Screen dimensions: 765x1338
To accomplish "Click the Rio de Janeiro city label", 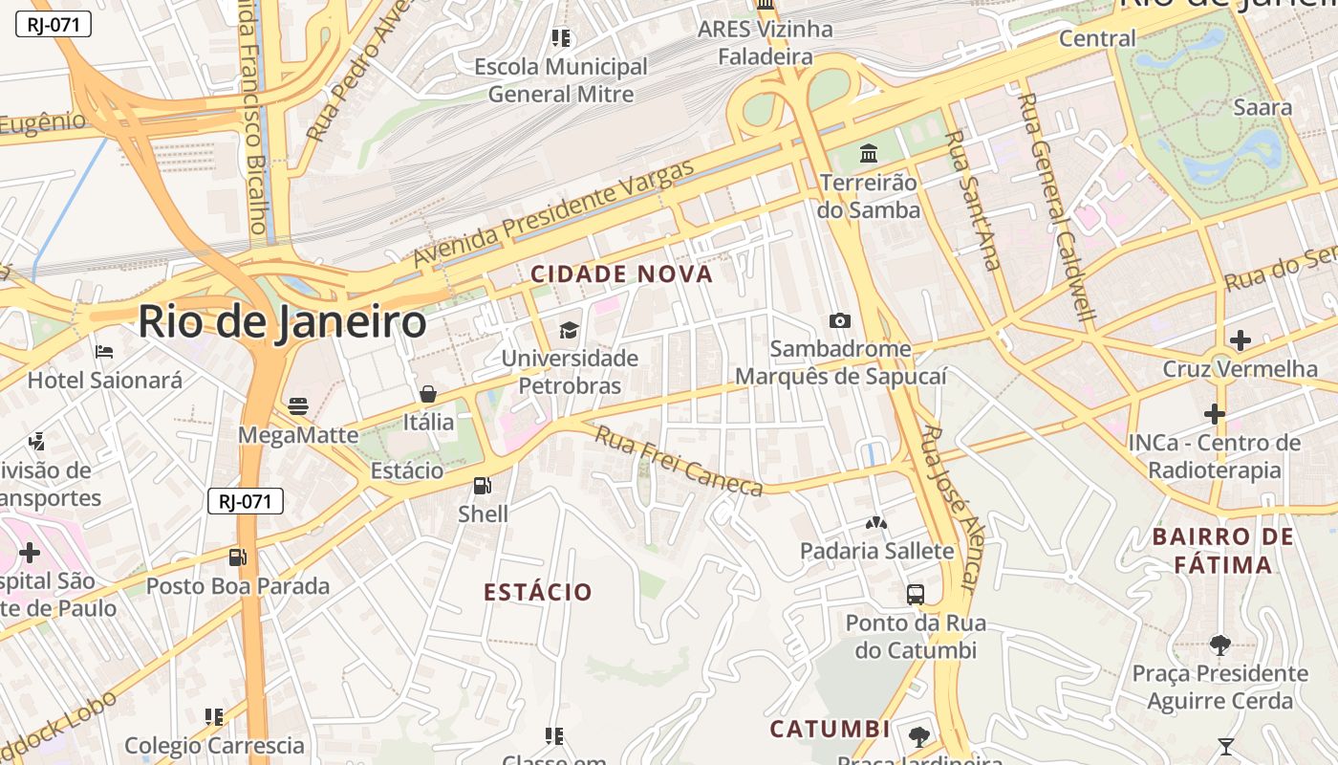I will [282, 322].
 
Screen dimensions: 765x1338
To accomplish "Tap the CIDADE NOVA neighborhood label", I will [622, 274].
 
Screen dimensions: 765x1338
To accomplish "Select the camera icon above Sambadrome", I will [840, 321].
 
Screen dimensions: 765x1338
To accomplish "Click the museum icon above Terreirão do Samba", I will [869, 153].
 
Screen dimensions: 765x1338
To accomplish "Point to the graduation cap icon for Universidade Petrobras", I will [570, 331].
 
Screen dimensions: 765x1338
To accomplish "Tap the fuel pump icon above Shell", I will [483, 486].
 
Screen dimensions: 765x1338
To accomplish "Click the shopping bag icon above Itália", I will [428, 394].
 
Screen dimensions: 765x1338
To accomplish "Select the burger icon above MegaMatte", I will [298, 406].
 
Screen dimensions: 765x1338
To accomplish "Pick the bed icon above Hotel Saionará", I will [104, 352].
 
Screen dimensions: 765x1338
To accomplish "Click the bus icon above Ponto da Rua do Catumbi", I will [916, 595].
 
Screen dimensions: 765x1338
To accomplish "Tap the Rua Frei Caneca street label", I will [680, 462].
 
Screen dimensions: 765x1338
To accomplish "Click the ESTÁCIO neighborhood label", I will [538, 592].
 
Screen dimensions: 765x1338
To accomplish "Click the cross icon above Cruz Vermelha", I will [1240, 340].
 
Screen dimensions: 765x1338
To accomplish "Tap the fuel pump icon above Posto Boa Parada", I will [237, 557].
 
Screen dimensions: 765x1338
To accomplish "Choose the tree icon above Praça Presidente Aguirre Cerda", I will [1219, 645].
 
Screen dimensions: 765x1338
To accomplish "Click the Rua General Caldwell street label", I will [1057, 206].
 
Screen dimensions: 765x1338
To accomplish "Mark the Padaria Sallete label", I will [876, 551].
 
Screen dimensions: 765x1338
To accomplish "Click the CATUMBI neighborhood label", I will [830, 730].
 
